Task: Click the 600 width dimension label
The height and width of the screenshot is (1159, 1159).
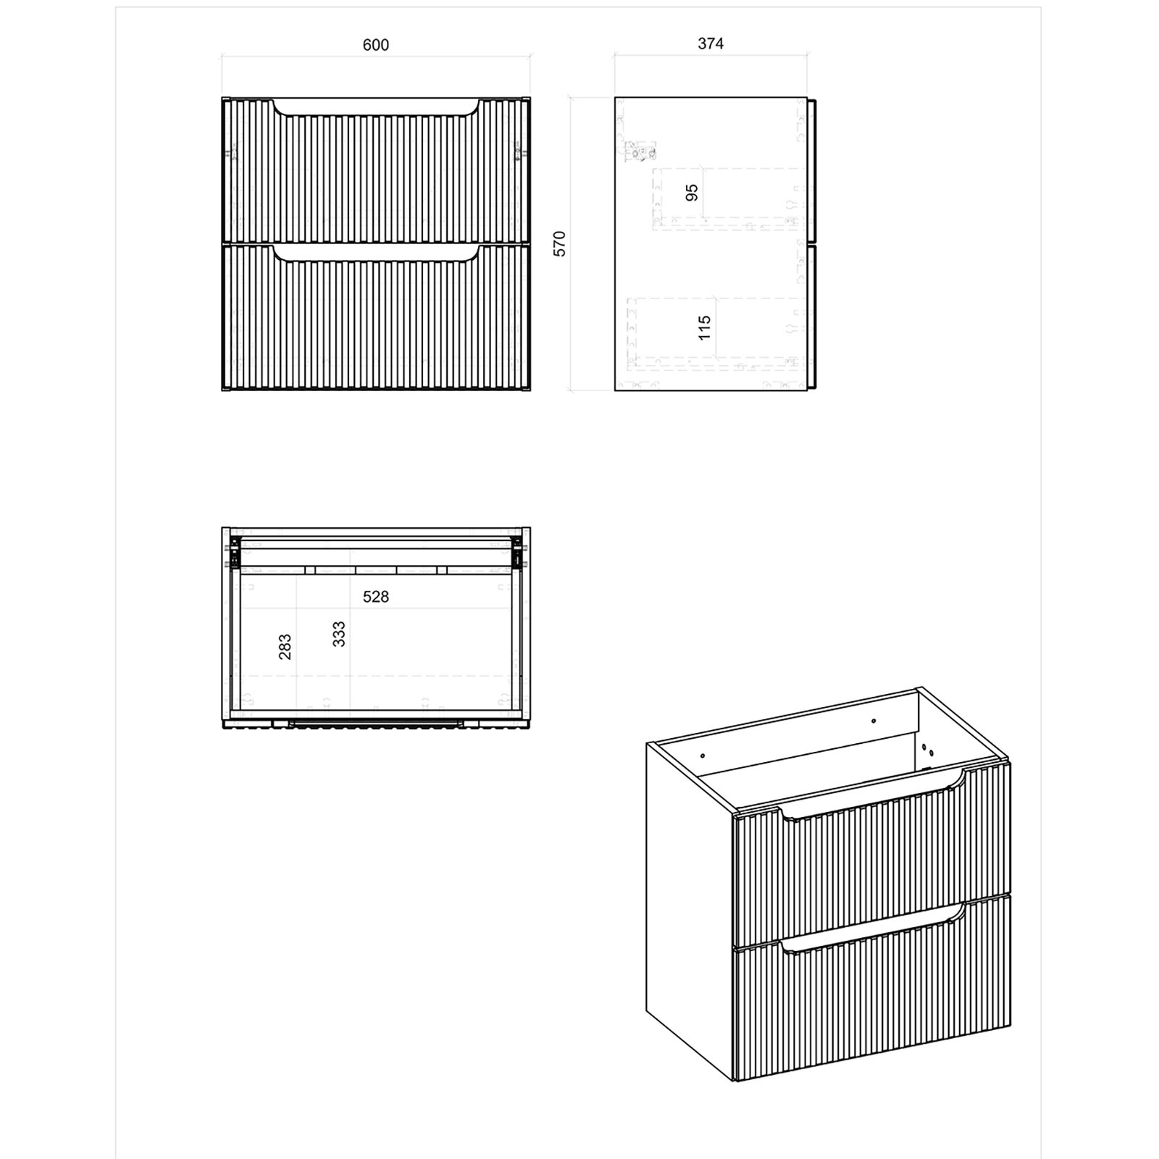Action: pyautogui.click(x=375, y=45)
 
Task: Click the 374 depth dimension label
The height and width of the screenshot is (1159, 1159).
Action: pyautogui.click(x=711, y=43)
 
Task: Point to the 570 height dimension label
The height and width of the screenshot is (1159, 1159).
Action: pyautogui.click(x=559, y=243)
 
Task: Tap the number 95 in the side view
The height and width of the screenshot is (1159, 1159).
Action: pyautogui.click(x=692, y=192)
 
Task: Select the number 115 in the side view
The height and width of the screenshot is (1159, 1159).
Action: pyautogui.click(x=704, y=327)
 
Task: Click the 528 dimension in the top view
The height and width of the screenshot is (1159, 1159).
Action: pyautogui.click(x=376, y=596)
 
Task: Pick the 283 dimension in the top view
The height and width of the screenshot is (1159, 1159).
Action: pyautogui.click(x=285, y=646)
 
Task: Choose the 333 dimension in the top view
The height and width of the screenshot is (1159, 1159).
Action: pyautogui.click(x=338, y=634)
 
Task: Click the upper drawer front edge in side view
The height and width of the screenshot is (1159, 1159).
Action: pyautogui.click(x=813, y=170)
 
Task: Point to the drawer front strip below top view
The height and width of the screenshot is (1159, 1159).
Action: pyautogui.click(x=376, y=723)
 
